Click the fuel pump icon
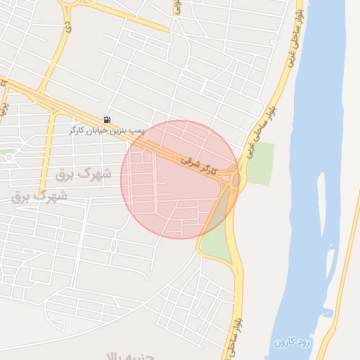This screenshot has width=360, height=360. pos(107,120)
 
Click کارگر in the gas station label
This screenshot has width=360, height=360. pos(77,130)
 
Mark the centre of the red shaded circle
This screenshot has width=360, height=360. pos(179,179)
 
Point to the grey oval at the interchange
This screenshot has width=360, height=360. pos(236,180)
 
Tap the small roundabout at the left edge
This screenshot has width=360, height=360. pos(9,157)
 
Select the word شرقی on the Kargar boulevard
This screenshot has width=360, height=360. pos(188,160)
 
